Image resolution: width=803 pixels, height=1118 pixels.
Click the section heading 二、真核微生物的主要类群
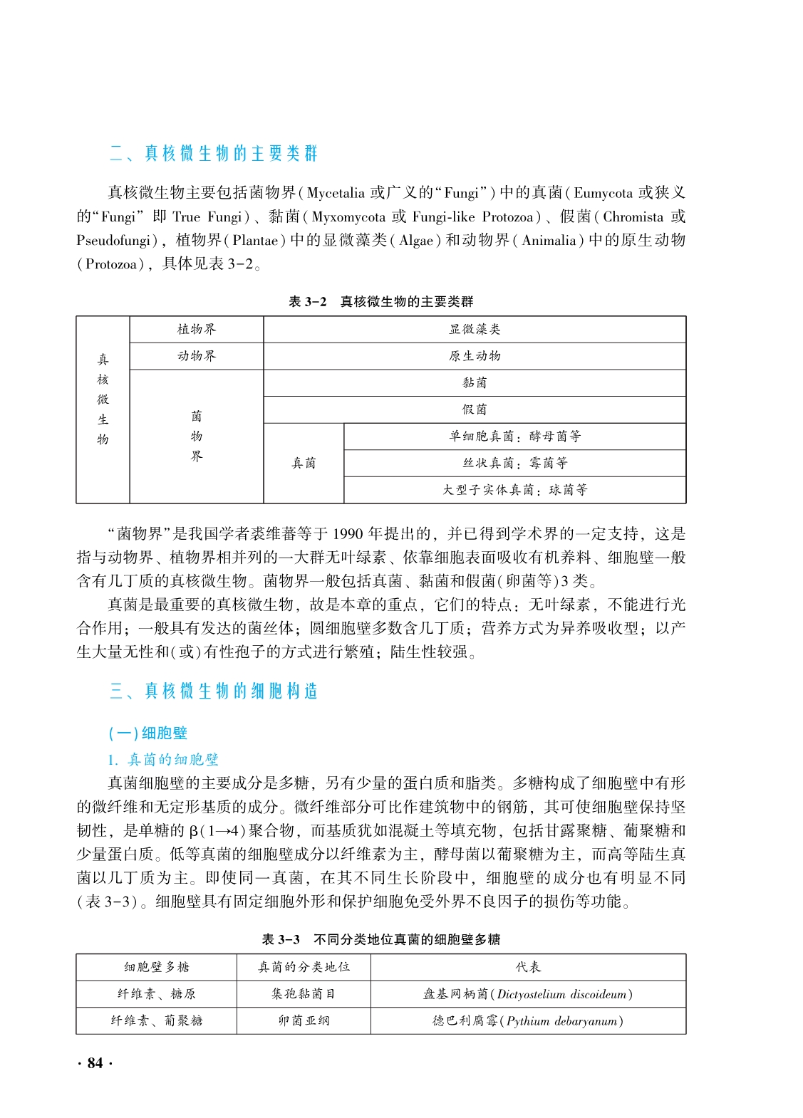click(x=214, y=154)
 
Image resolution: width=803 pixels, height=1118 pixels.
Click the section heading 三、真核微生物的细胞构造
click(x=214, y=691)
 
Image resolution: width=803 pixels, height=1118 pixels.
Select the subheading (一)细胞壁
click(x=147, y=733)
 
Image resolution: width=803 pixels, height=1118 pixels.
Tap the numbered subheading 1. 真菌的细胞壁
click(x=163, y=760)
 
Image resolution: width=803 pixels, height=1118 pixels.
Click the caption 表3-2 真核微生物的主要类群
click(x=380, y=302)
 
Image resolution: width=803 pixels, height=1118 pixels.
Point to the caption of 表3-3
click(x=380, y=940)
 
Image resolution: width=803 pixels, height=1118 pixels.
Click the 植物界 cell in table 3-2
click(x=197, y=330)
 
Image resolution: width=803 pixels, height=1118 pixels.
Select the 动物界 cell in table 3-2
click(x=197, y=356)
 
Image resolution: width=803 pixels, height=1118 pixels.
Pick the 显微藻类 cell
click(x=475, y=330)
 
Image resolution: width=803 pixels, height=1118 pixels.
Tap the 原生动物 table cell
click(x=475, y=356)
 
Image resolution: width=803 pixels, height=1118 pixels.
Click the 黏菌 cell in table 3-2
click(x=475, y=383)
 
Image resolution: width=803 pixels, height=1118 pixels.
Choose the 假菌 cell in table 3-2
click(x=475, y=409)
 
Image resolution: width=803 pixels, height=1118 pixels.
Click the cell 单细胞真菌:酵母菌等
click(x=514, y=437)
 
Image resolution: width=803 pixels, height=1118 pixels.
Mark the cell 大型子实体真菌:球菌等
click(x=514, y=490)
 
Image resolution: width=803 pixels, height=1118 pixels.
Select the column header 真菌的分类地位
click(x=304, y=967)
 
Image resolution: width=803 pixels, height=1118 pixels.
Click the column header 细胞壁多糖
click(x=156, y=967)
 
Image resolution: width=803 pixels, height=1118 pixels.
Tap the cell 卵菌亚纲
click(x=304, y=1020)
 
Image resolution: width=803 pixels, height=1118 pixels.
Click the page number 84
click(x=95, y=1063)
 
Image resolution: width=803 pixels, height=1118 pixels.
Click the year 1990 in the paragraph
click(x=348, y=534)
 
